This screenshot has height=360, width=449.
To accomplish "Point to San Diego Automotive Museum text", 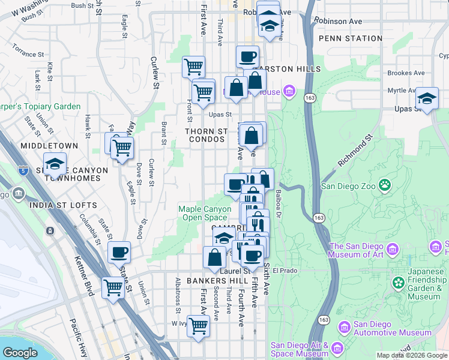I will [392, 328].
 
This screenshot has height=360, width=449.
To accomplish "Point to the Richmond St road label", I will [355, 151].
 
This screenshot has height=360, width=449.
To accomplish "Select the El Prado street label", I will [285, 271].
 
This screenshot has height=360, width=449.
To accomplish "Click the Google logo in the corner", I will [20, 353].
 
